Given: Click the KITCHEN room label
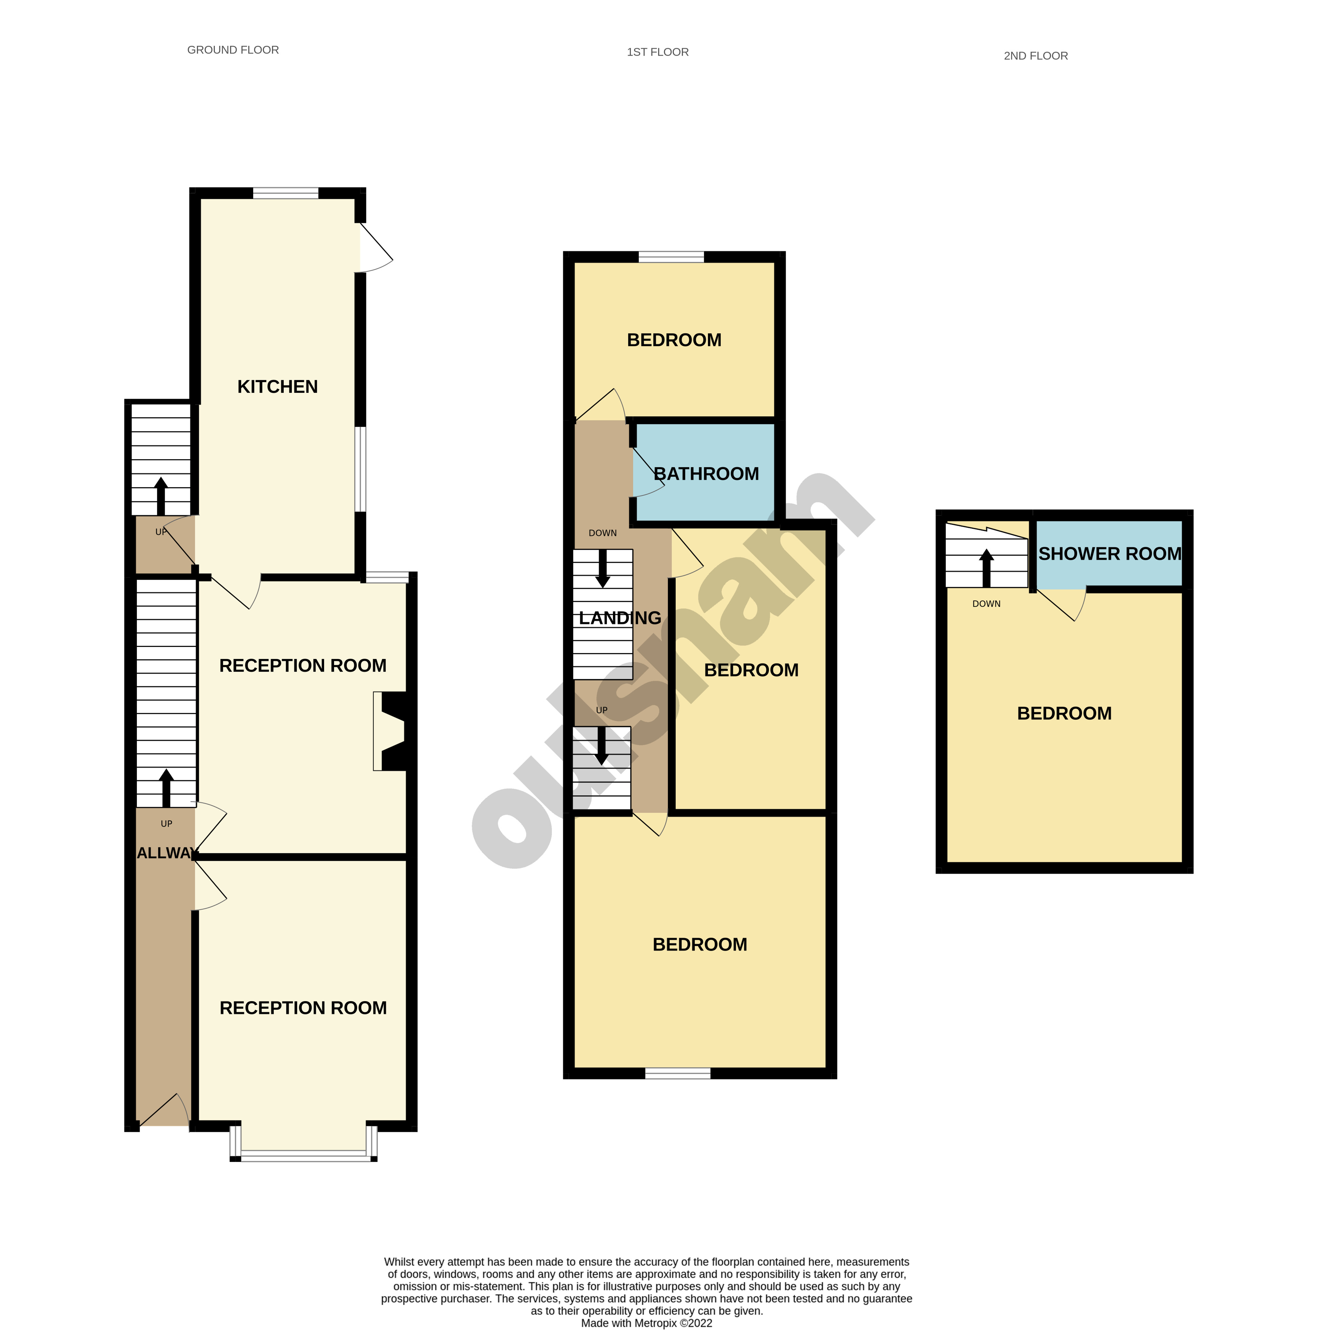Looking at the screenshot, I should pos(278,387).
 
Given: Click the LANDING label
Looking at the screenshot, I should pos(620,618).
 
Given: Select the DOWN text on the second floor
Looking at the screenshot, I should pos(986,604).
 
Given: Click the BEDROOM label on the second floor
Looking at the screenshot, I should pos(1064,713).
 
